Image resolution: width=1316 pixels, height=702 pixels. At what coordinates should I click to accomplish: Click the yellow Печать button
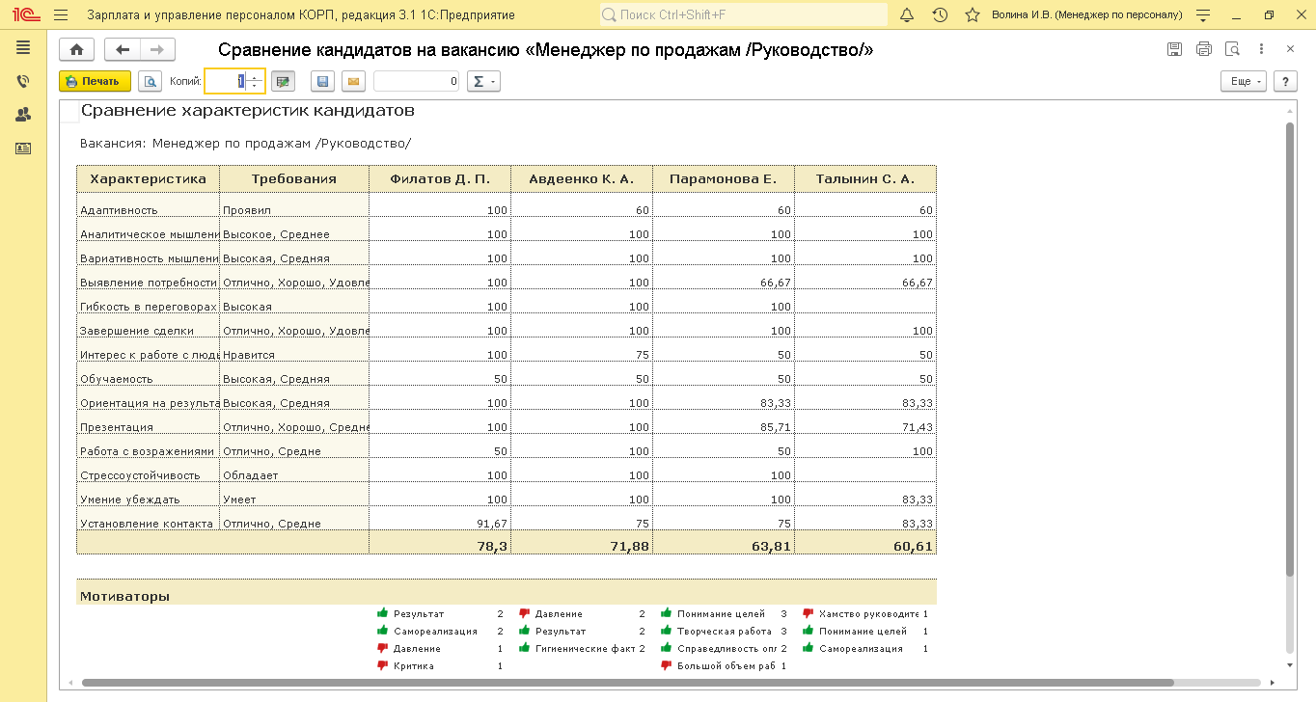coord(95,82)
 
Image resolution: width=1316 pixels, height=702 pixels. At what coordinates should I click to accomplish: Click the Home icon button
coord(77,50)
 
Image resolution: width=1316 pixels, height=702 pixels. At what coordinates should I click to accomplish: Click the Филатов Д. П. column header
coord(440,179)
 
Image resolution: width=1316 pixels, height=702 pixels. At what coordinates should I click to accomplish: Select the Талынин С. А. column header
coord(864,179)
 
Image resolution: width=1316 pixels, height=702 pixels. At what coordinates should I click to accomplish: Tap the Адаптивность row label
coord(119,210)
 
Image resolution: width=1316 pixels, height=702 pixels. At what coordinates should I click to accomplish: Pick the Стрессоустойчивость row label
coord(140,475)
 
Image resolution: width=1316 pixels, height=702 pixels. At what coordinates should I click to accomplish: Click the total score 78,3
coord(492,546)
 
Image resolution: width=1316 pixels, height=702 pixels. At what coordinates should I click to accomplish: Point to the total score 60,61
coord(913,546)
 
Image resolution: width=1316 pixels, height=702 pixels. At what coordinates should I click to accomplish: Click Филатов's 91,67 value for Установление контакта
coord(491,524)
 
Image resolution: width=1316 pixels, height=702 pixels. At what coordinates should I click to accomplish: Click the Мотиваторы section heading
coord(124,596)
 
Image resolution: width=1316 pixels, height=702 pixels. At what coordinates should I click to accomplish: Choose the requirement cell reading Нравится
coord(249,355)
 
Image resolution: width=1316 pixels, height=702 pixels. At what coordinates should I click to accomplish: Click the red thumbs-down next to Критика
coord(382,665)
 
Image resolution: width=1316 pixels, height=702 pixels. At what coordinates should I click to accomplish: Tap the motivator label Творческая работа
coord(722,632)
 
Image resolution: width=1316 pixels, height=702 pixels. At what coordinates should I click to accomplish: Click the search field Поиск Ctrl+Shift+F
coord(743,15)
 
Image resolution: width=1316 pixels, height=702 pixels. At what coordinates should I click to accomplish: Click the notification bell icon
coord(906,15)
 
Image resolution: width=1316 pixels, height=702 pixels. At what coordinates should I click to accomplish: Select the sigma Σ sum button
coord(482,82)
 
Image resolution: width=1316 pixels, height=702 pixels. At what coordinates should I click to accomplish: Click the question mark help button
coord(1285,82)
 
